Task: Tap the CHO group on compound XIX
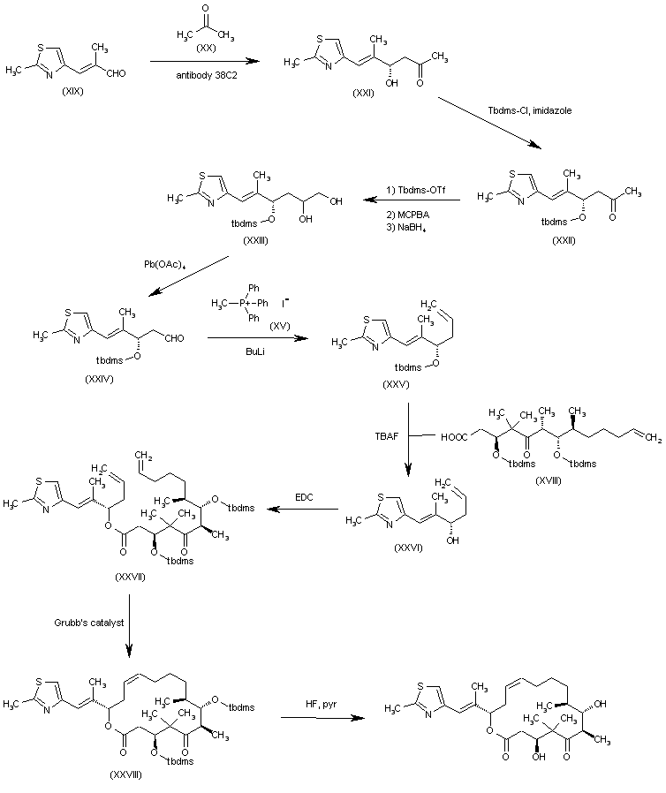(x=116, y=73)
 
